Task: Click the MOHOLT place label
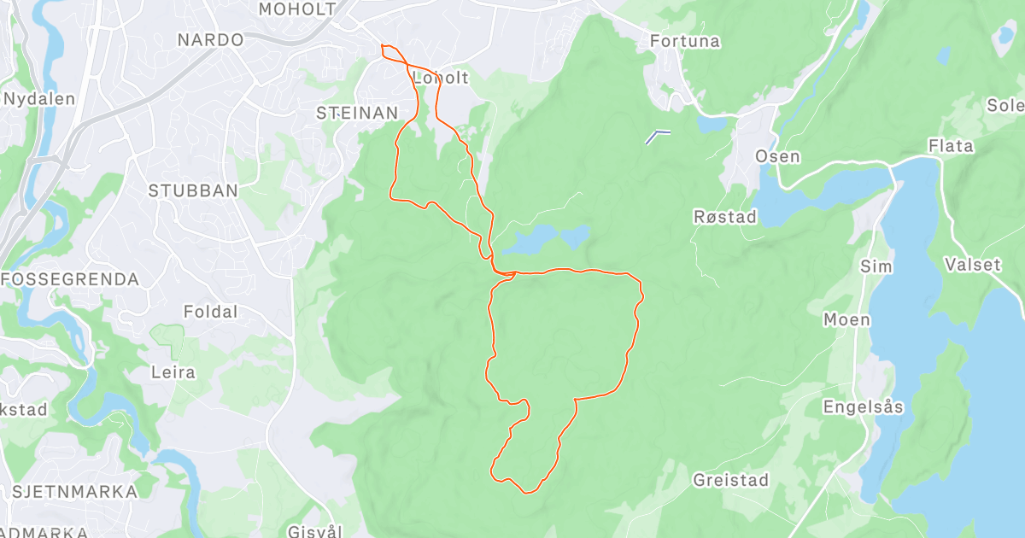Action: click(298, 9)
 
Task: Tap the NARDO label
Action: click(210, 39)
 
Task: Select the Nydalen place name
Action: click(39, 98)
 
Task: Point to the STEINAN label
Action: click(357, 113)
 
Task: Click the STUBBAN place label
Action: click(193, 190)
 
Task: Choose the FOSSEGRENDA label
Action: click(70, 279)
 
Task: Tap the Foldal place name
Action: click(211, 313)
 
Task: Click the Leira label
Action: click(173, 372)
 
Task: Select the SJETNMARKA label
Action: click(74, 491)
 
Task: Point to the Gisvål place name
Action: click(315, 530)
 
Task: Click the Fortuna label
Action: click(685, 41)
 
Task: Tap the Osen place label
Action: click(777, 156)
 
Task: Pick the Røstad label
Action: click(725, 217)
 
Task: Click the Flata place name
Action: click(951, 146)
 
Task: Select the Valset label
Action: click(973, 265)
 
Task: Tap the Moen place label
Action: click(846, 319)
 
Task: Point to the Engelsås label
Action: click(863, 407)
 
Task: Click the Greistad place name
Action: click(730, 479)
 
